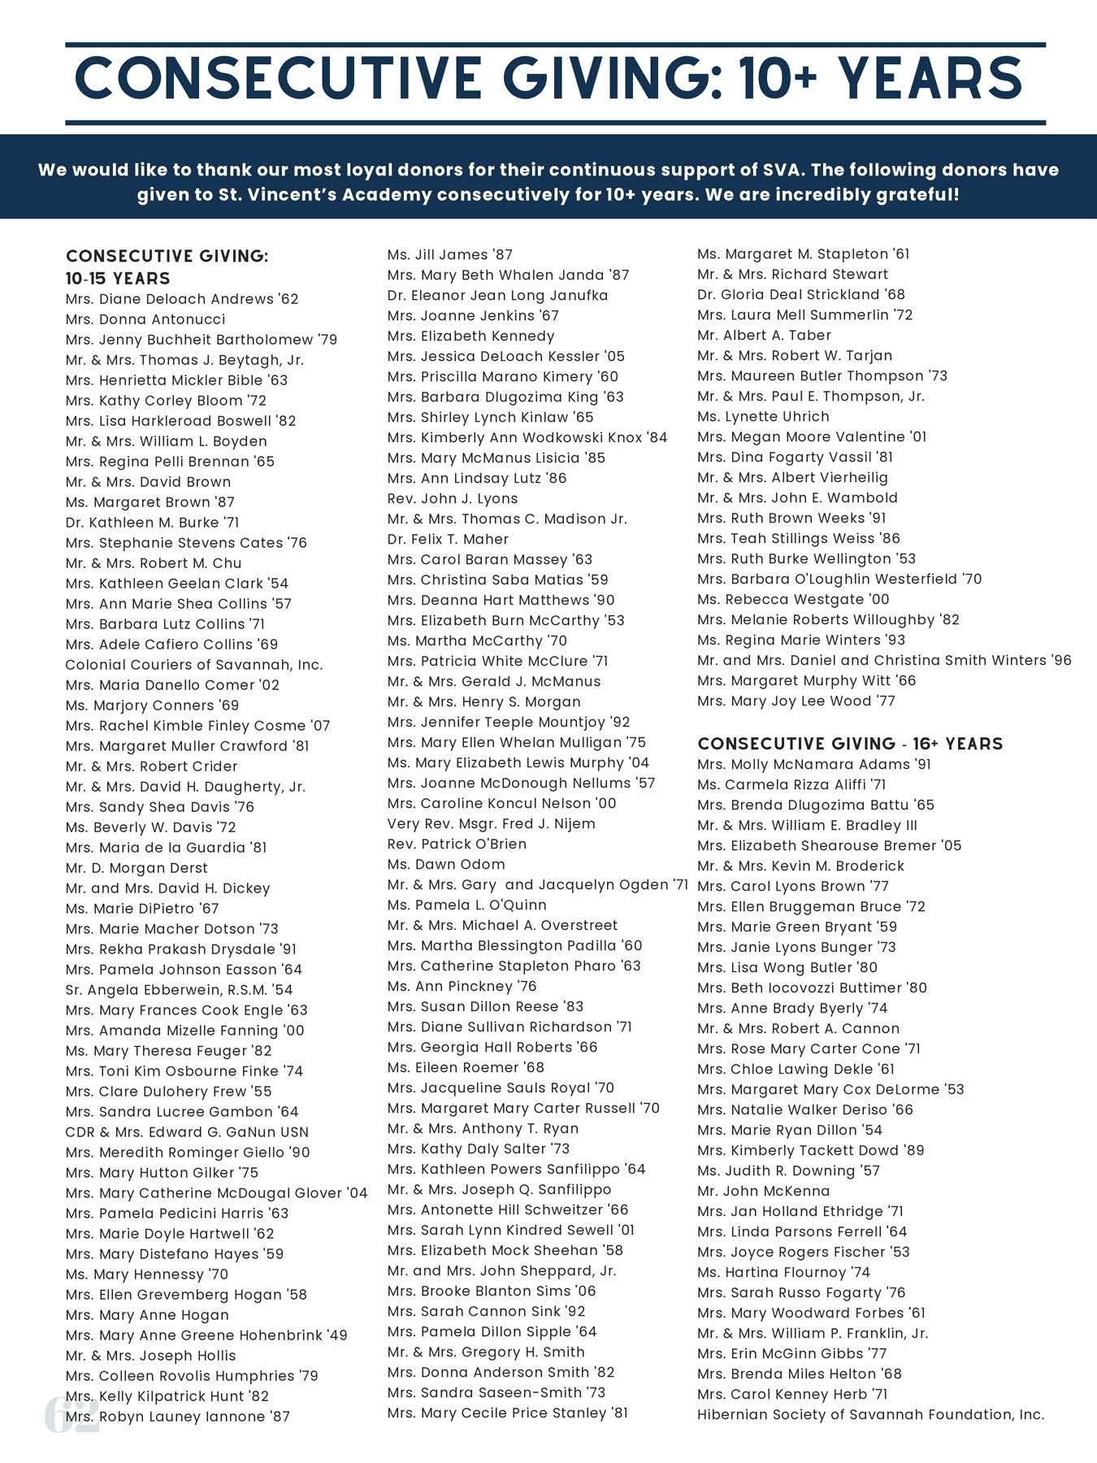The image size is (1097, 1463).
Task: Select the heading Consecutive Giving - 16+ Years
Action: (850, 744)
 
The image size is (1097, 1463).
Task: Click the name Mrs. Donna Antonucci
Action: (145, 319)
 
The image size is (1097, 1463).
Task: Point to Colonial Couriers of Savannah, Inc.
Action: (194, 665)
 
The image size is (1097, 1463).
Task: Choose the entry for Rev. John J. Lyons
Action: (453, 498)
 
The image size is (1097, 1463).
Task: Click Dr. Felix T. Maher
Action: (448, 539)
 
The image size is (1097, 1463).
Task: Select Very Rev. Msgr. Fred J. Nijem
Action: (491, 823)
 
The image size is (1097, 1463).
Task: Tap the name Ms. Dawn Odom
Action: (446, 864)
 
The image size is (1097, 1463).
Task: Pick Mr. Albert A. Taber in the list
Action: (764, 335)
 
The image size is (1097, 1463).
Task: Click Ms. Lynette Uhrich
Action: (763, 416)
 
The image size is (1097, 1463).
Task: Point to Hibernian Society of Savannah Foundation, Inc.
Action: (870, 1414)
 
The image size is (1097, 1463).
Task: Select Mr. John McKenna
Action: (764, 1191)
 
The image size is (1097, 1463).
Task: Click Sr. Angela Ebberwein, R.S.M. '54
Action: (179, 990)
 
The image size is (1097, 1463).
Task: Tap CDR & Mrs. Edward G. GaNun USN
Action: (187, 1132)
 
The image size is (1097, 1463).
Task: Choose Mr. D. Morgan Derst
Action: (137, 868)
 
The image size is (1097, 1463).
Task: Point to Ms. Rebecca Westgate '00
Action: (793, 599)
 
